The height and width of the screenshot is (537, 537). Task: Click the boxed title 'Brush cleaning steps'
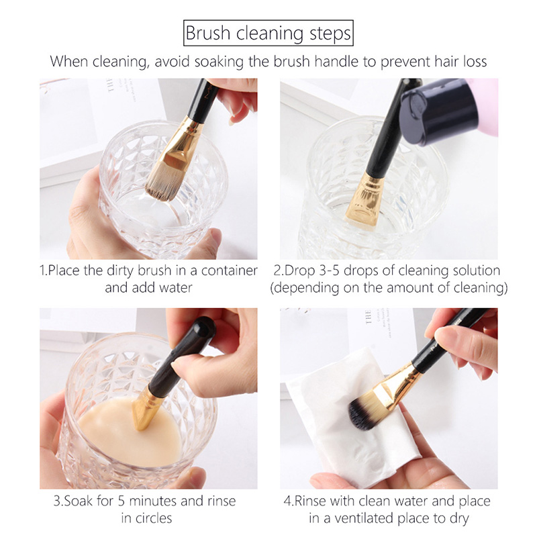click(268, 33)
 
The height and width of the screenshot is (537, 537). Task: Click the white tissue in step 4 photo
click(336, 436)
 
